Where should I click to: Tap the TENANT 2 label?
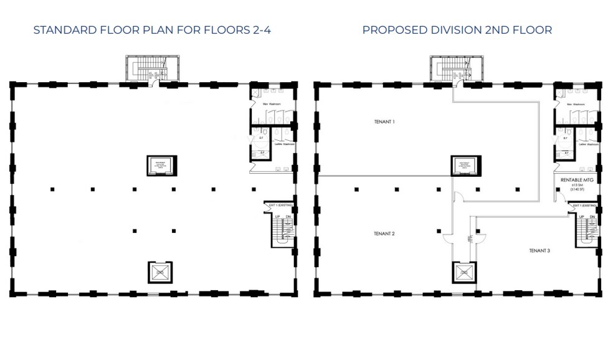coord(384,234)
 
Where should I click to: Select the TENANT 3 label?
coord(539,250)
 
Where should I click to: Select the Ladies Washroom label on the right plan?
coord(588,144)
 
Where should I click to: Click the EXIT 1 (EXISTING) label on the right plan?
coord(585,205)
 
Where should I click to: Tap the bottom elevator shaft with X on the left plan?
coord(159,272)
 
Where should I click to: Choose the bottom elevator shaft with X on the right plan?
coord(463,272)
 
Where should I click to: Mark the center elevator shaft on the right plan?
coord(463,166)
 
